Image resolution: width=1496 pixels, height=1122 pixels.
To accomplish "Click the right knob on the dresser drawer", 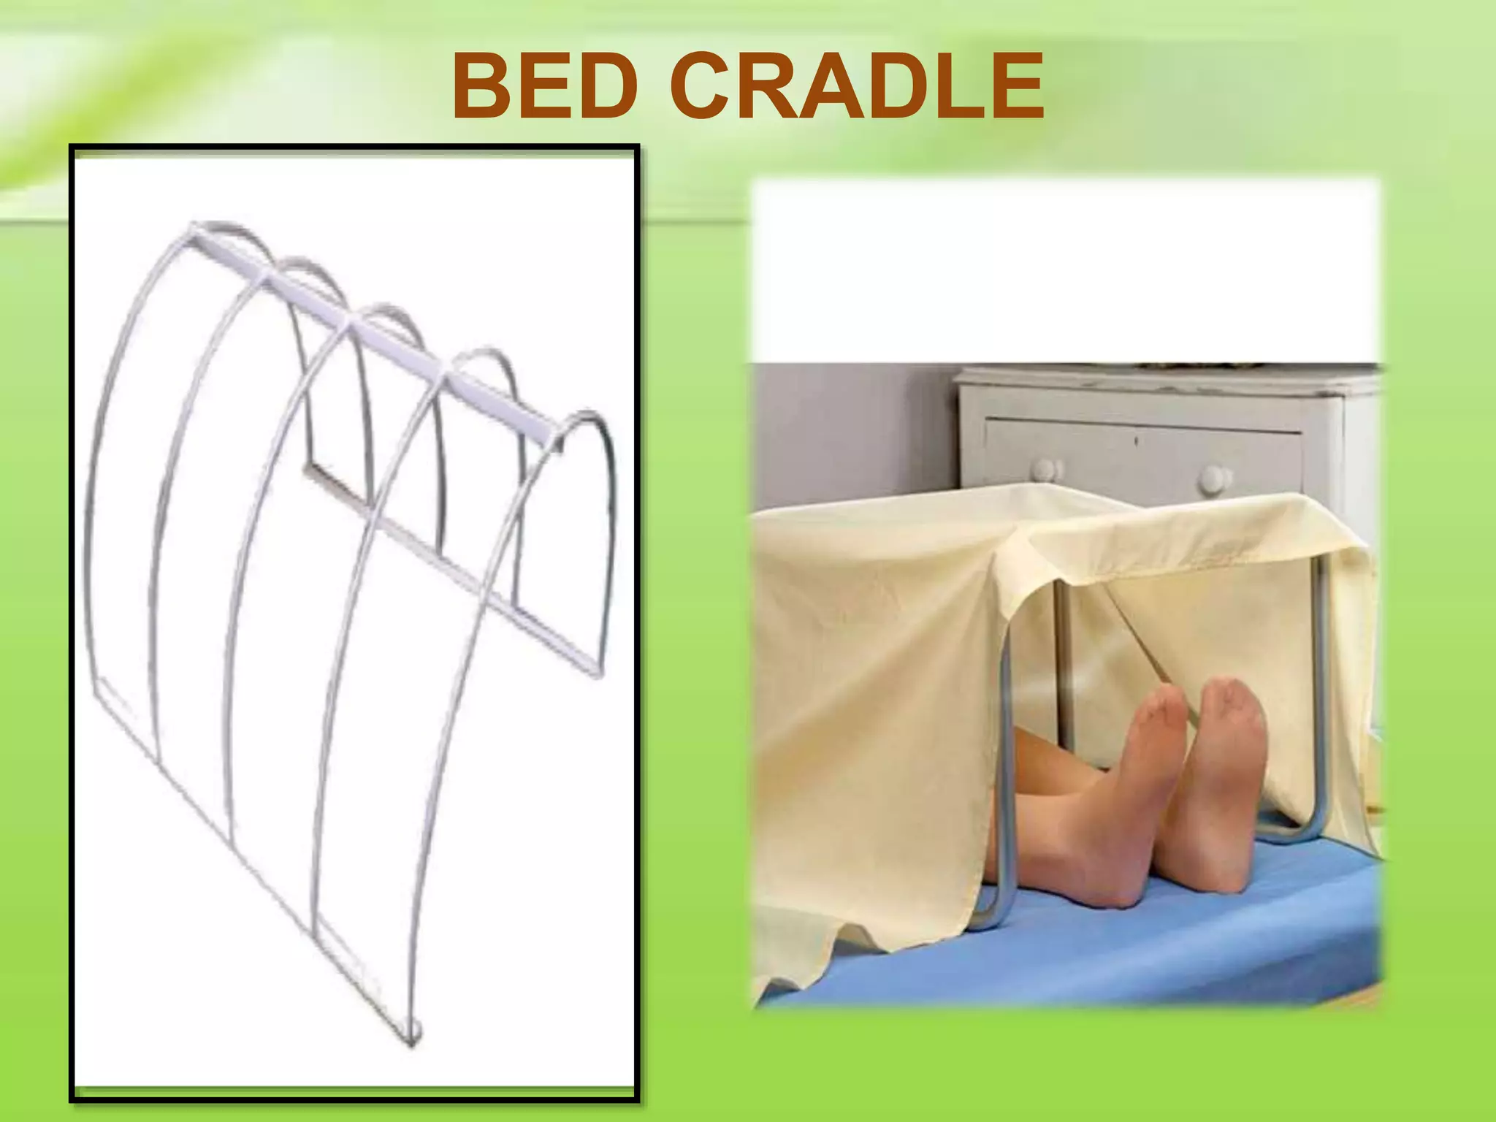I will (1214, 478).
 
